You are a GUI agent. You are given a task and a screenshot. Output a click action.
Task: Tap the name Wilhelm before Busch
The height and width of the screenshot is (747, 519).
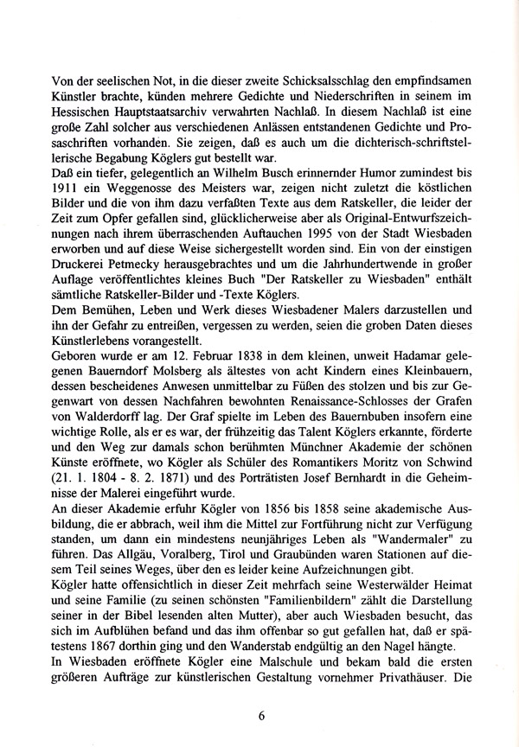coord(244,165)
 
